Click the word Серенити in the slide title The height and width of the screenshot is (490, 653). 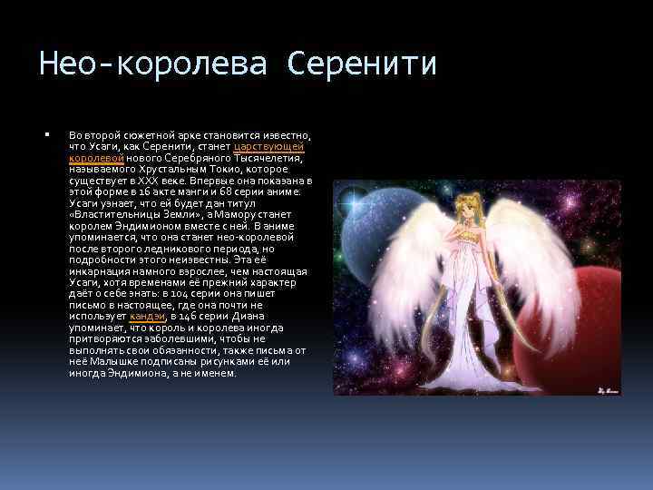tap(362, 64)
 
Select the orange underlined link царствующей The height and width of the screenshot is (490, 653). tap(268, 146)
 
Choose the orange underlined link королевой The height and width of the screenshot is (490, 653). tap(90, 158)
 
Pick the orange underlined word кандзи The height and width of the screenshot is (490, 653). tap(147, 316)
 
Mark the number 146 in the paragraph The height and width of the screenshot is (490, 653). tap(182, 316)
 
